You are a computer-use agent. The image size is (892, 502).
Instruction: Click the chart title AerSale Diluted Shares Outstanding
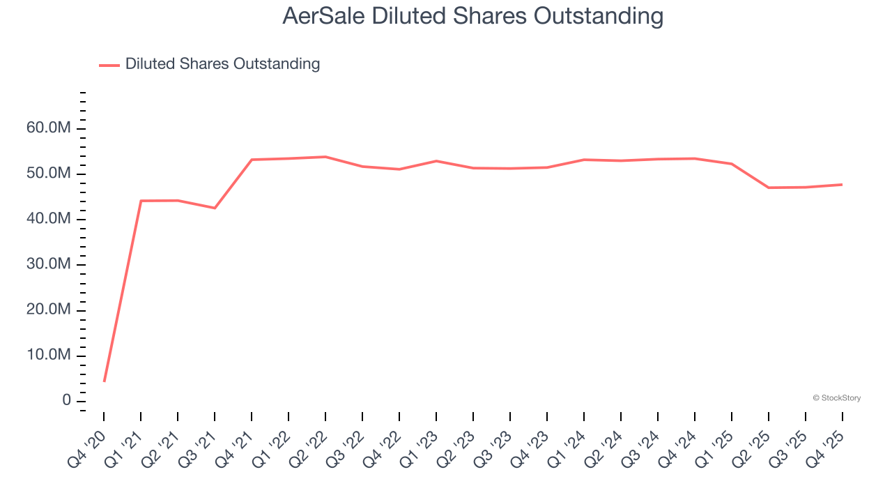(x=472, y=15)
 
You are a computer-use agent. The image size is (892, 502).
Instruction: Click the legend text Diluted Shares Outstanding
(x=222, y=64)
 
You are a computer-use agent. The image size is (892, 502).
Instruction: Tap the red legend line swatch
(x=109, y=65)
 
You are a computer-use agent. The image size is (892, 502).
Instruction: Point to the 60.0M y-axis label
(x=48, y=128)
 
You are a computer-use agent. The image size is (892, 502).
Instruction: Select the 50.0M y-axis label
(x=48, y=174)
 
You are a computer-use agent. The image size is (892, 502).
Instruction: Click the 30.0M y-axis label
(x=48, y=264)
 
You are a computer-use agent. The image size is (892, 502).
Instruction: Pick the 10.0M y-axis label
(x=48, y=356)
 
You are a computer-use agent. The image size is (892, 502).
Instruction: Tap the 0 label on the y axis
(x=66, y=401)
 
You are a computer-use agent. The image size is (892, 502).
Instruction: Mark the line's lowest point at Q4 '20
(x=105, y=381)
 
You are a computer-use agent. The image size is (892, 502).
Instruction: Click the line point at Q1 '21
(x=141, y=201)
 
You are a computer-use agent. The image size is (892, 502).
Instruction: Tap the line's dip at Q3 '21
(x=215, y=208)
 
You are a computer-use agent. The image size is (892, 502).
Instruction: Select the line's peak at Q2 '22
(x=325, y=157)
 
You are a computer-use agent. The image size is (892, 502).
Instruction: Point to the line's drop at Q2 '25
(x=769, y=188)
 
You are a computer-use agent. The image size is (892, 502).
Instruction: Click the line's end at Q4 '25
(x=842, y=185)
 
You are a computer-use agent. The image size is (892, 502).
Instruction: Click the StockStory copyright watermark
(x=836, y=398)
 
